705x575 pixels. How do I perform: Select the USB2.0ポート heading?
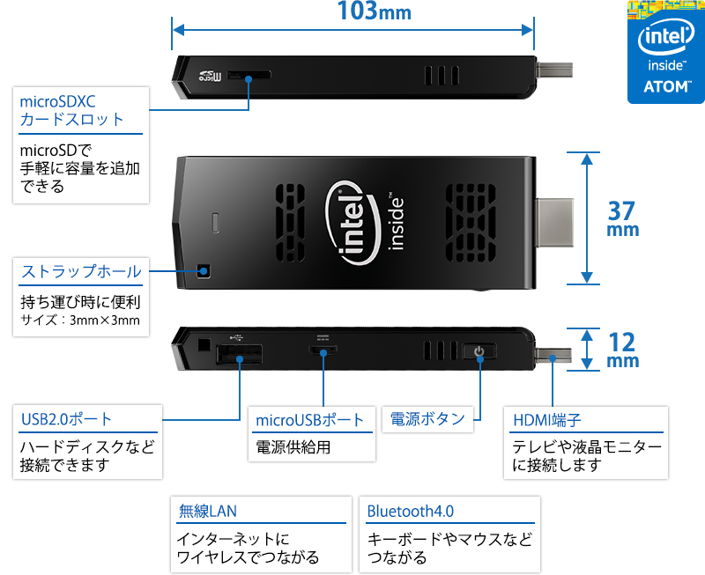(x=66, y=419)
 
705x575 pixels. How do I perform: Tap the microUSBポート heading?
(x=309, y=420)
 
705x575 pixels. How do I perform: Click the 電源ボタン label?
(x=427, y=418)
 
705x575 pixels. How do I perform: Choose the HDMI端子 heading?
(x=546, y=420)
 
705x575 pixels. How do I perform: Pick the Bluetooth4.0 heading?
(x=411, y=511)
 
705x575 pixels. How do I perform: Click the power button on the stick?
(x=479, y=353)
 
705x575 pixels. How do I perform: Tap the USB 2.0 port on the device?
(x=240, y=357)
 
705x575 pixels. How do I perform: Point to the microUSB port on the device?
(x=323, y=353)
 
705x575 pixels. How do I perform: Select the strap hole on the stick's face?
(x=204, y=269)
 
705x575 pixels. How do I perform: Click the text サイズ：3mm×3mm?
(x=79, y=320)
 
